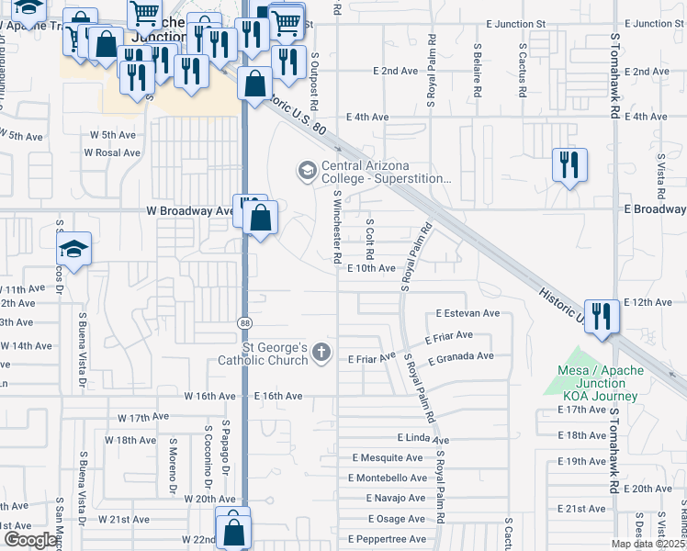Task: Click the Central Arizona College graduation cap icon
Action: click(305, 171)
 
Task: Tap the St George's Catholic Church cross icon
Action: click(321, 352)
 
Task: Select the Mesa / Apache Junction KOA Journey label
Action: click(596, 382)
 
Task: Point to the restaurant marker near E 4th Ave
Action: click(569, 165)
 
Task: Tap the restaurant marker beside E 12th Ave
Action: click(603, 316)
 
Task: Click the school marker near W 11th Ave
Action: click(73, 249)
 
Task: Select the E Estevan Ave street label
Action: click(467, 313)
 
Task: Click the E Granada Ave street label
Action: click(460, 356)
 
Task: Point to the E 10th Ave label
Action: click(371, 268)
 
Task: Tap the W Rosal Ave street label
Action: click(115, 152)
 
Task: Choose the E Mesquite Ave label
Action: click(386, 457)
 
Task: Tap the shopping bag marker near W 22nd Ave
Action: click(234, 530)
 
